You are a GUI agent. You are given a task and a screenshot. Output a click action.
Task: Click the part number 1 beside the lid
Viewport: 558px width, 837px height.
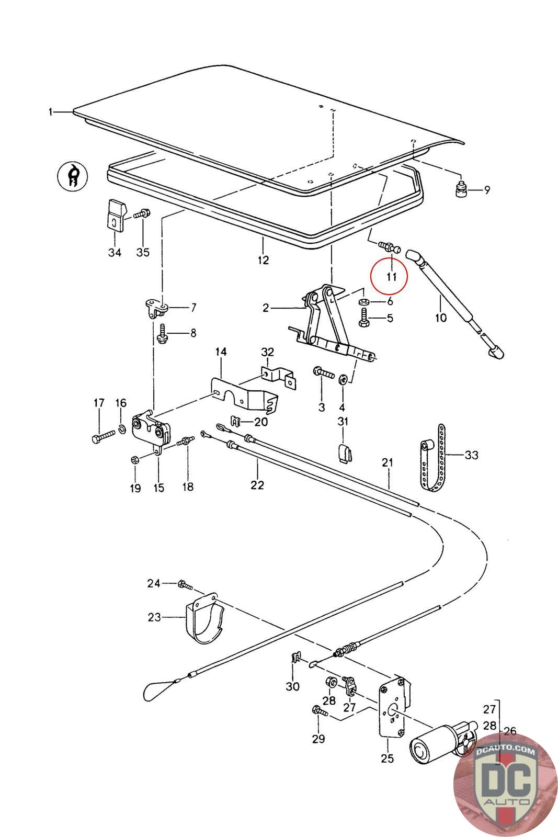51,112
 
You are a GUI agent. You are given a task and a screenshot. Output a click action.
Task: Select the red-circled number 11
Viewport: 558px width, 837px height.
391,277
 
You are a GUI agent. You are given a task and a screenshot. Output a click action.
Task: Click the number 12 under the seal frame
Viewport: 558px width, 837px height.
263,260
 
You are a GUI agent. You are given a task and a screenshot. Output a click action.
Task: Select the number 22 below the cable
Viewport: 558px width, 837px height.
257,485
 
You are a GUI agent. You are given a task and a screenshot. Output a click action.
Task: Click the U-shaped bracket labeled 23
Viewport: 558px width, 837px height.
204,618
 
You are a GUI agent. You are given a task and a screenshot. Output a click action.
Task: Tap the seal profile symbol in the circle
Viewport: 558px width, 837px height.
73,176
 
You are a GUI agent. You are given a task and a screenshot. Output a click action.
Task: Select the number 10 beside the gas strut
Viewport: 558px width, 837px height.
441,318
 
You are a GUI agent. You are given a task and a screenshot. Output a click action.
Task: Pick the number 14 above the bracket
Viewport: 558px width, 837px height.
221,352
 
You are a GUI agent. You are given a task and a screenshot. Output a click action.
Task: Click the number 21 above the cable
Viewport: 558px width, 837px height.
388,462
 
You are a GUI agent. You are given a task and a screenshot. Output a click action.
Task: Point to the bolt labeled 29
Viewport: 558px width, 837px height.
320,710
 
